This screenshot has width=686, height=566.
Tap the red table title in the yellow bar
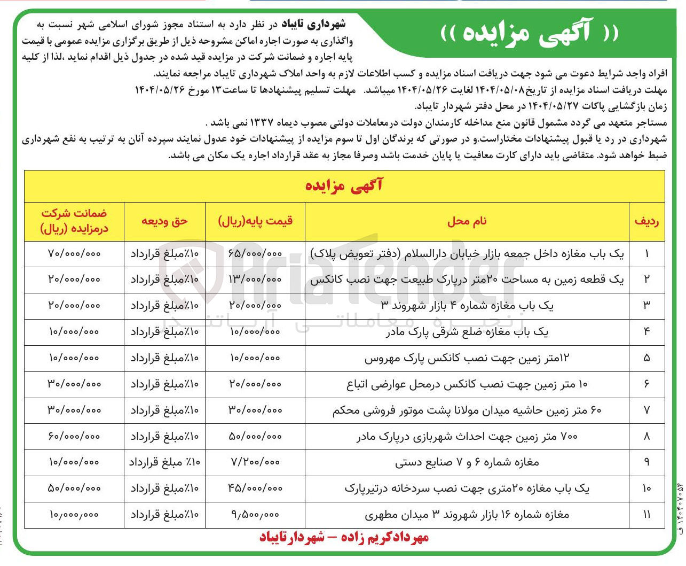coord(344,186)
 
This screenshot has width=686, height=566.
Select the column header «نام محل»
coord(467,221)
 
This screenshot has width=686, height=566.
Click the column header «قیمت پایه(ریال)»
coord(255,221)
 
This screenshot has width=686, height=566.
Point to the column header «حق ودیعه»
coord(164,221)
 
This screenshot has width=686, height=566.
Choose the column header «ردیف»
coord(646,221)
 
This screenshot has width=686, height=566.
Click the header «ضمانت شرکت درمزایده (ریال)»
coord(74,221)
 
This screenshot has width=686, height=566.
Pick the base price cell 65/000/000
coord(255,253)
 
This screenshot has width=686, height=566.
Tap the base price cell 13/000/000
coord(255,280)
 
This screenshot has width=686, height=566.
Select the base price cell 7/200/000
coord(255,462)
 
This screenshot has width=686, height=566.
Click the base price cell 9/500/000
coord(255,515)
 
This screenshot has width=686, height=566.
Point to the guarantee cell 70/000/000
coord(74,253)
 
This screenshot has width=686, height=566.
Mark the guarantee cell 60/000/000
coord(74,437)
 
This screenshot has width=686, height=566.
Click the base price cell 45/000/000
coord(255,489)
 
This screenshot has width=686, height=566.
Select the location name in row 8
coord(467,437)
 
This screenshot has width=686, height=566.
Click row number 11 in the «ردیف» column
coord(646,515)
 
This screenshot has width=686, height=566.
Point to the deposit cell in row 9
coord(164,462)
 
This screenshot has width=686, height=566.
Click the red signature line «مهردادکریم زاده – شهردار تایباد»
coord(344,537)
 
